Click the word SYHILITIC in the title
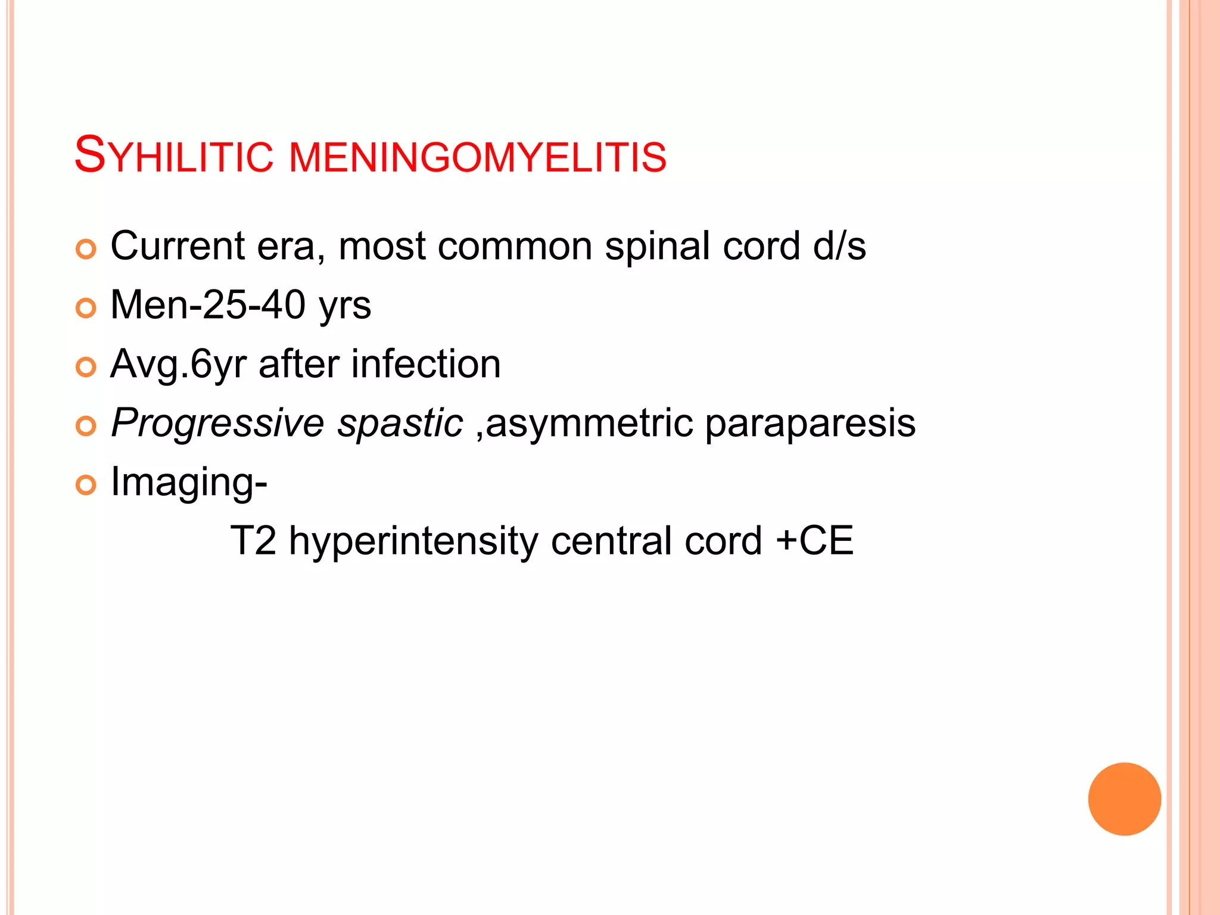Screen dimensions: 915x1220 pos(173,156)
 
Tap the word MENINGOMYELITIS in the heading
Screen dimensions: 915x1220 pos(477,157)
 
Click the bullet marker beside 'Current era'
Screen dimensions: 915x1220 pos(86,249)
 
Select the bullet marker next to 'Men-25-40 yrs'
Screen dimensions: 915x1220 pos(86,308)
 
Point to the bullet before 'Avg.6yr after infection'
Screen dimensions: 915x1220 pos(86,367)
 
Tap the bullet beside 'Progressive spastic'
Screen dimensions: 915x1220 pos(86,426)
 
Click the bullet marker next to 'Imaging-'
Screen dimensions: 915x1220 pos(86,485)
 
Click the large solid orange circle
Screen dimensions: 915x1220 pos(1124,799)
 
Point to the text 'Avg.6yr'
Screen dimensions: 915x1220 pos(178,365)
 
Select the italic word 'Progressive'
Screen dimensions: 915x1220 pos(217,424)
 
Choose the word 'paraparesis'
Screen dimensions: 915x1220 pos(810,424)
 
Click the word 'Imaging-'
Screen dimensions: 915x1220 pos(189,483)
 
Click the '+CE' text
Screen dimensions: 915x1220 pos(814,541)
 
